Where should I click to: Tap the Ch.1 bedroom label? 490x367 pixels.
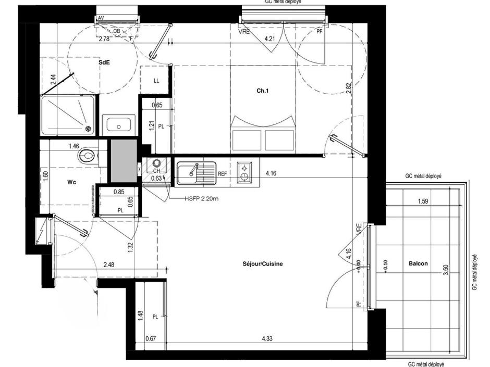point(262,91)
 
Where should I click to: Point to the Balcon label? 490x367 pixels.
point(418,263)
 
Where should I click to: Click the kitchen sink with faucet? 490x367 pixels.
point(196,173)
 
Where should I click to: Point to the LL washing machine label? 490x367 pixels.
point(156,81)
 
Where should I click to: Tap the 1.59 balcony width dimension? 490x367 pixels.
point(423,200)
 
